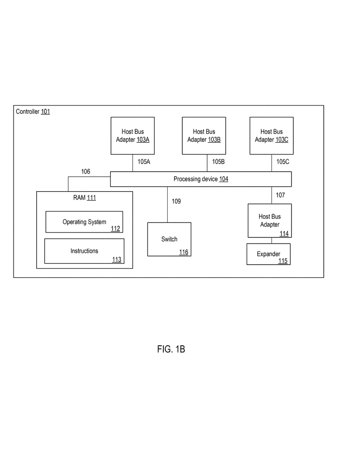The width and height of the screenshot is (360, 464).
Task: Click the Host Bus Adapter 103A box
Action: (132, 135)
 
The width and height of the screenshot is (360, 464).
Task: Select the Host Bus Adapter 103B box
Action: (204, 135)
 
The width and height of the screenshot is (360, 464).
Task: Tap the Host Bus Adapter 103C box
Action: (271, 135)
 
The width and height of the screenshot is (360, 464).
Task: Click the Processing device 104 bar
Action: (201, 179)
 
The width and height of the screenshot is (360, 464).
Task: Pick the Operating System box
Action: (84, 222)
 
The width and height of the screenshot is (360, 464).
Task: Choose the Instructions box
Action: (84, 251)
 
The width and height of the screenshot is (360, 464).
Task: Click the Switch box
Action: (169, 239)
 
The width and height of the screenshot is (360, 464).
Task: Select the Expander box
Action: (268, 254)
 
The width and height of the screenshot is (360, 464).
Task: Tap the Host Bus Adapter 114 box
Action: (269, 221)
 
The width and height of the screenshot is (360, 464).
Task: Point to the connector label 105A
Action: (144, 161)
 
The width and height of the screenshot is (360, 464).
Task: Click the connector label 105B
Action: (218, 161)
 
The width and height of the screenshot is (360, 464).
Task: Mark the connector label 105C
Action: (283, 161)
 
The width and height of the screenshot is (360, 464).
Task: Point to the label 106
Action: (86, 171)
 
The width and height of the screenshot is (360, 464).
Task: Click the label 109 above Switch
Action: (176, 201)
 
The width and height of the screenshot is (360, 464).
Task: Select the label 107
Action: (280, 195)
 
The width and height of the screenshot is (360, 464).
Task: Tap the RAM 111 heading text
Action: (84, 198)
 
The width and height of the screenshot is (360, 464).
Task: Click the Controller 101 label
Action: (33, 111)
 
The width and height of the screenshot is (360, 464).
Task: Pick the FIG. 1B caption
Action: (171, 349)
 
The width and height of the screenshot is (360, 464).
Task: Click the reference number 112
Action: (115, 229)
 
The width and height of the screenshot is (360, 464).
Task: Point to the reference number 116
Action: (183, 252)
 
